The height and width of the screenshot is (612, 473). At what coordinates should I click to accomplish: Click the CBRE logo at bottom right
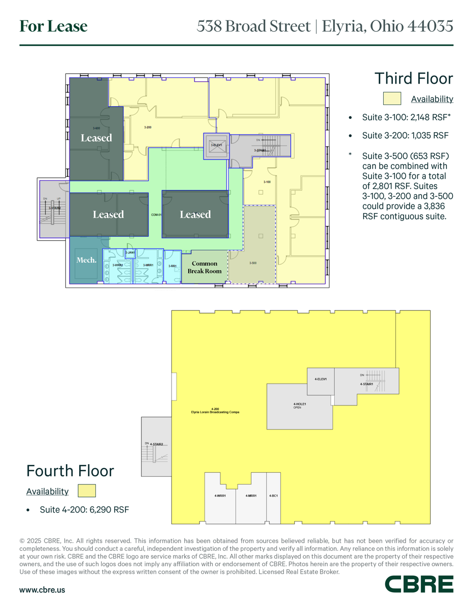[418, 584]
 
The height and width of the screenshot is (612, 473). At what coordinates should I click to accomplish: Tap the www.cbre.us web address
[42, 590]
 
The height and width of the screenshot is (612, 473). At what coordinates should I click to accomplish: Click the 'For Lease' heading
[54, 26]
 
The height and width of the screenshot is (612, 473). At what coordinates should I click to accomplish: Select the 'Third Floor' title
[413, 79]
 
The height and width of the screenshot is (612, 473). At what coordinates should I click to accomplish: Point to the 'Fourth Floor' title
[70, 470]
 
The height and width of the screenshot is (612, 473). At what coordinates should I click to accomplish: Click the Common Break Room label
[205, 267]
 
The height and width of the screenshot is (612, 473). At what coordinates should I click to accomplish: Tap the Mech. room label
[86, 260]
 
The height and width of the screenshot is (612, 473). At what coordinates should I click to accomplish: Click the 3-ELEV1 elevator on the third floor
[216, 145]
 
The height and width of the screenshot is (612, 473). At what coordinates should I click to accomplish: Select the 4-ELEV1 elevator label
[320, 379]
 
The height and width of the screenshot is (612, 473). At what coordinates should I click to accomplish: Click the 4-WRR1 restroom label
[220, 496]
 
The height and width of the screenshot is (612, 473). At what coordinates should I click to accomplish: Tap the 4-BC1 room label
[273, 496]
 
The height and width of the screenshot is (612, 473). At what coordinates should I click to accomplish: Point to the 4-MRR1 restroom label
[251, 496]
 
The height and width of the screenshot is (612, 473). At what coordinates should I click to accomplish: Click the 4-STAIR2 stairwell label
[156, 444]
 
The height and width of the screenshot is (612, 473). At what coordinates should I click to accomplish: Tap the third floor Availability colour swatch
[392, 98]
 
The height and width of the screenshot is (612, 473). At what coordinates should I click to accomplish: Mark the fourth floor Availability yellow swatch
[87, 491]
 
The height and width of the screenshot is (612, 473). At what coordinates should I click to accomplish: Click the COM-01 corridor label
[156, 215]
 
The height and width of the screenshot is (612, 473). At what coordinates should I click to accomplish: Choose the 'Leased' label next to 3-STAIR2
[108, 215]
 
